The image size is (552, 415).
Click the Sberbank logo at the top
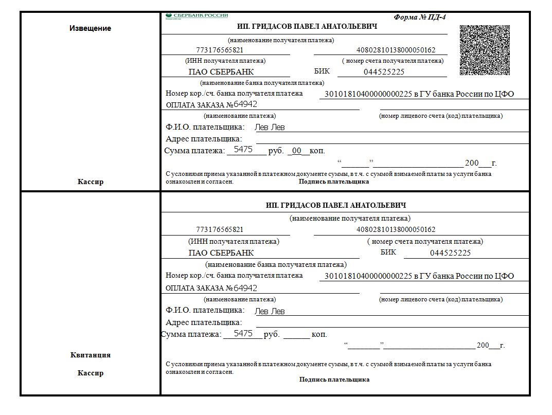[x=197, y=16]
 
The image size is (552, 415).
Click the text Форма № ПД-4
[x=419, y=17]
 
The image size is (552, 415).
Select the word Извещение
[x=90, y=28]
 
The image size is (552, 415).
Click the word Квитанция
[x=90, y=355]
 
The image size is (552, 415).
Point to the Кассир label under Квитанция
[x=90, y=373]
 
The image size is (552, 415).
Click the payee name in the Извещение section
[x=307, y=27]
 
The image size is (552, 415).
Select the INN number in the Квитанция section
[x=220, y=229]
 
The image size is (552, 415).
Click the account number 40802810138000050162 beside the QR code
[x=396, y=50]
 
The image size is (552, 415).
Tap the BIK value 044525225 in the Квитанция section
[x=450, y=253]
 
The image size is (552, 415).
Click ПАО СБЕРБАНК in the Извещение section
[x=221, y=73]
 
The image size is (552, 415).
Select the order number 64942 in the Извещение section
[x=245, y=105]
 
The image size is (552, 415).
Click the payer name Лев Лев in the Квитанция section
[x=270, y=311]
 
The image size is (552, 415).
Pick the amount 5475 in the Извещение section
[x=243, y=150]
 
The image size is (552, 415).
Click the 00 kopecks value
[x=297, y=151]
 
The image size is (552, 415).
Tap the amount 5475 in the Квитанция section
[x=243, y=334]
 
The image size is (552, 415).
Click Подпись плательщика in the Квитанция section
[x=334, y=380]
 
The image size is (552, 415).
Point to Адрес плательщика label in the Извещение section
[x=204, y=139]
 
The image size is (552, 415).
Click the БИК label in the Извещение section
[x=322, y=71]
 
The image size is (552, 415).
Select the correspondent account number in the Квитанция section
[x=368, y=276]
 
